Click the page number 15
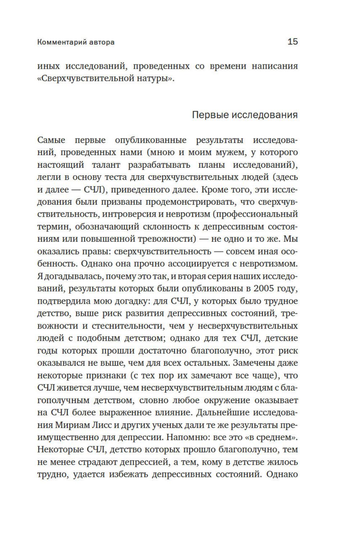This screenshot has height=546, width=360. click(x=293, y=42)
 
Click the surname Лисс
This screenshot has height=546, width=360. click(x=103, y=425)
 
